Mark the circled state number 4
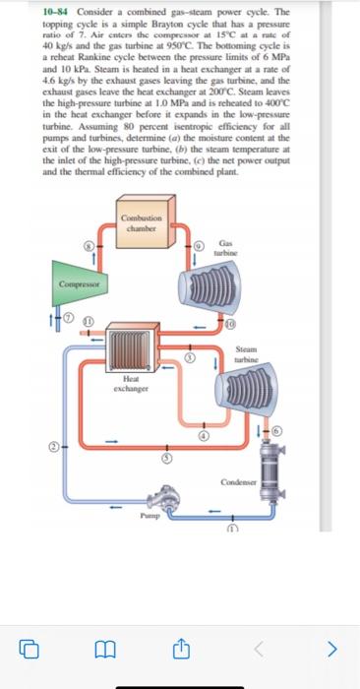(205, 434)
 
